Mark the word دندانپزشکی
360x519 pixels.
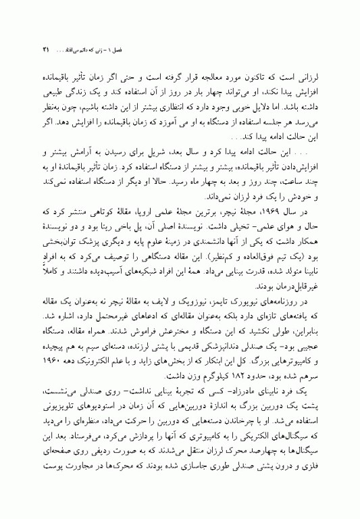click(210, 343)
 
